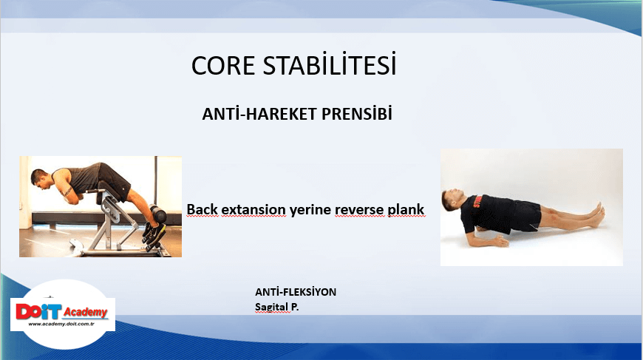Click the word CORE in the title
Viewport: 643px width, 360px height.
223,66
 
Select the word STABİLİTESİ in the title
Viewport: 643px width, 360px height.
330,64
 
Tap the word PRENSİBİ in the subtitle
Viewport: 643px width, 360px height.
357,113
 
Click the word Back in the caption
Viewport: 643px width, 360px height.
203,209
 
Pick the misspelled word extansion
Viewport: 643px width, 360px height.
254,209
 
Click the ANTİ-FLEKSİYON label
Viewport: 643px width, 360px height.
296,292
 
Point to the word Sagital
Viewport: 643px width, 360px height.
271,307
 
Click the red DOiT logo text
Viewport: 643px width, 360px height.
38,312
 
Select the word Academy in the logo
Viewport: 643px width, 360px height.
85,313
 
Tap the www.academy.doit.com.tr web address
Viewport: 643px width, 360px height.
61,325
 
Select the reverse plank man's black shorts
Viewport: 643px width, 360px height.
525,216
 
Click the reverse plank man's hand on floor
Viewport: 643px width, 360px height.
499,242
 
